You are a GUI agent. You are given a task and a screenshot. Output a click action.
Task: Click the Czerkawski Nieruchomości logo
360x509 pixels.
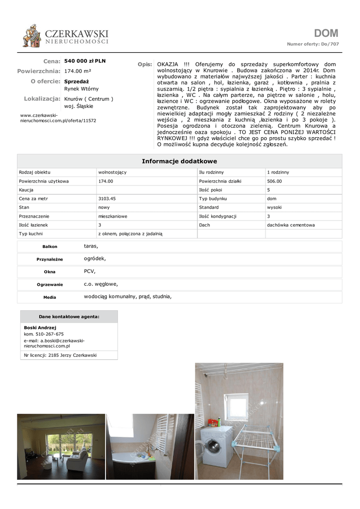click(x=65, y=37)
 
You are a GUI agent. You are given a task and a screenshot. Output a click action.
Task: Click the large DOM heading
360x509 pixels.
click(x=326, y=33)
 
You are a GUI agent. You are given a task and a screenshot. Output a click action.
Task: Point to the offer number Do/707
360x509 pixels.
click(x=330, y=44)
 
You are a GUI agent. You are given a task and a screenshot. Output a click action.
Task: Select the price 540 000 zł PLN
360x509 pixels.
click(x=85, y=61)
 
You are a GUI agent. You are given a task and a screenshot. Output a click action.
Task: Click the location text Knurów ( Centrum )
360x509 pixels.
click(x=89, y=99)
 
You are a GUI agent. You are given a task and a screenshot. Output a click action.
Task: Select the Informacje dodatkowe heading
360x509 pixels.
click(x=180, y=161)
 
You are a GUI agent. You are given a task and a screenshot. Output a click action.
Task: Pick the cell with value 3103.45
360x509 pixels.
click(x=107, y=199)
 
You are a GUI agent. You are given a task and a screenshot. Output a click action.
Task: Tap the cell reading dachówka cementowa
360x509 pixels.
click(x=291, y=225)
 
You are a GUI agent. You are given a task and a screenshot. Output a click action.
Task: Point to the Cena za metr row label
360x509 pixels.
click(x=33, y=199)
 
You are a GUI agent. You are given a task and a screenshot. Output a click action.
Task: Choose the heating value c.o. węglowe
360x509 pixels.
click(x=101, y=284)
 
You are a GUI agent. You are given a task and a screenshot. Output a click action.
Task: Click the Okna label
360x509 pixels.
click(x=49, y=272)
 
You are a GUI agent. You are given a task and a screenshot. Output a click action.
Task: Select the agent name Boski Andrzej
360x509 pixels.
click(x=40, y=328)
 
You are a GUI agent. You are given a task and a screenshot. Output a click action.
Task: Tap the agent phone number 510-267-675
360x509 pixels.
click(x=49, y=334)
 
